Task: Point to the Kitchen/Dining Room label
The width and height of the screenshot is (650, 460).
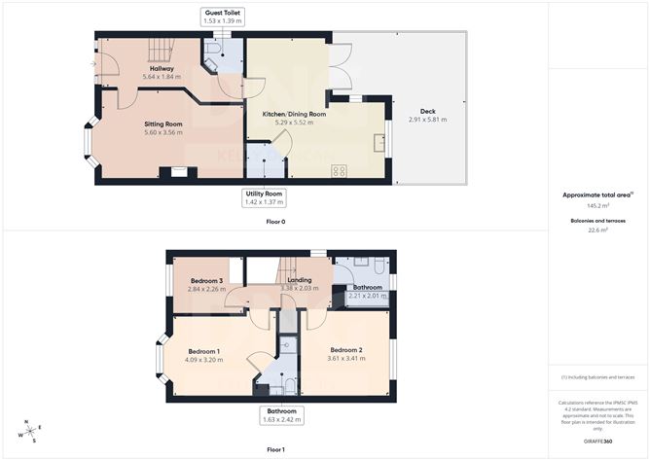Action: (294, 114)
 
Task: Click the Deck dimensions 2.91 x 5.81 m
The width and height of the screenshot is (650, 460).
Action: (427, 119)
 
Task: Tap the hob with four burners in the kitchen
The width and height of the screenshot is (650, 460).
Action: (340, 171)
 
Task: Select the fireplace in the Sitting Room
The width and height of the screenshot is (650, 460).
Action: (178, 173)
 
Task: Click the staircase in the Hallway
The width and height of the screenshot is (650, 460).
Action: (156, 50)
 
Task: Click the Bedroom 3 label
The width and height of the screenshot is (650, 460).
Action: (206, 281)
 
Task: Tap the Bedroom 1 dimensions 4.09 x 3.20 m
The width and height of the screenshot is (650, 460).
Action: (204, 360)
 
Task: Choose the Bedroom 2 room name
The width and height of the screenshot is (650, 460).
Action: (346, 350)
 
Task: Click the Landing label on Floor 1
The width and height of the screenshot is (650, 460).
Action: (299, 281)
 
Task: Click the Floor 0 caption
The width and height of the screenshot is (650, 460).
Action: (275, 222)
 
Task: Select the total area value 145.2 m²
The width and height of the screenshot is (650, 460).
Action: (597, 206)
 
